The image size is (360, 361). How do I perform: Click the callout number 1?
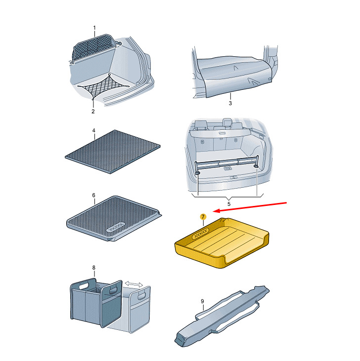point(94,28)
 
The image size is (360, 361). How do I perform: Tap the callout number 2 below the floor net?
point(93,112)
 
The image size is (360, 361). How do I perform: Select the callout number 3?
point(230,103)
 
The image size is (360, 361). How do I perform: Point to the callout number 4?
point(93,130)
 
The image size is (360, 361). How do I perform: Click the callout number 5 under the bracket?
point(229,204)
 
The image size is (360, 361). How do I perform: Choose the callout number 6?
point(93,195)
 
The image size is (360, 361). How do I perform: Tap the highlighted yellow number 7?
point(203,217)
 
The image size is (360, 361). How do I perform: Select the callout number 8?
point(94,268)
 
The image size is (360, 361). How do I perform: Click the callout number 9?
point(202,301)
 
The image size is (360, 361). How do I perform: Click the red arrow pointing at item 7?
point(250,207)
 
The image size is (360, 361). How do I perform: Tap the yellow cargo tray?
point(222,243)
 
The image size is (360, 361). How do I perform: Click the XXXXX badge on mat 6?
point(116,227)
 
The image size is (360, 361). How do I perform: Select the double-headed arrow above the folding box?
point(134,284)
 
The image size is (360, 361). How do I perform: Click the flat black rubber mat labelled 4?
point(112,152)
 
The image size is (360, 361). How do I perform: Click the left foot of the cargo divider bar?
point(197,173)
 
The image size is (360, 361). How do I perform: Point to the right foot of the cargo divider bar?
point(256,166)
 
